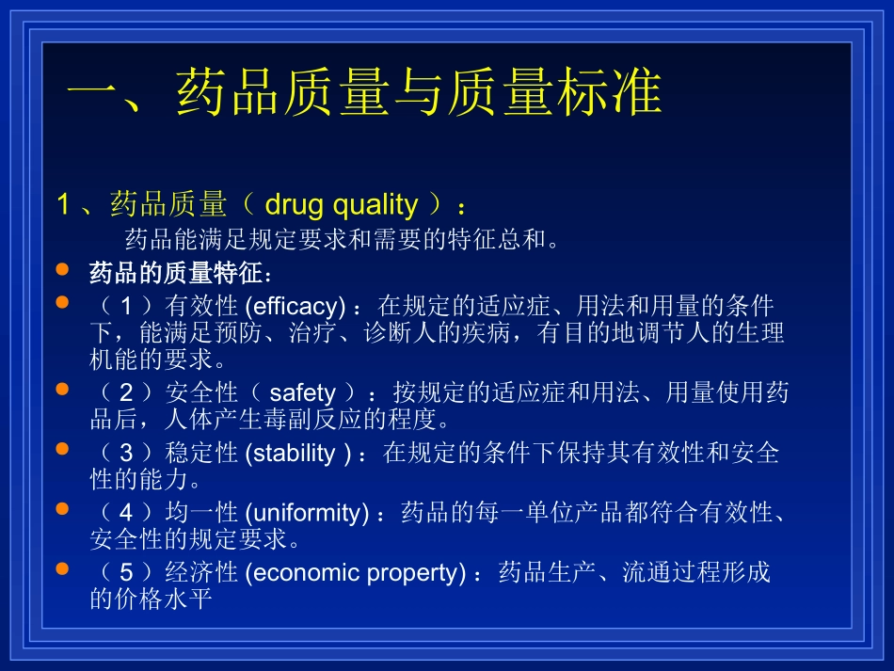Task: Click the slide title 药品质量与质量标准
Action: point(366,95)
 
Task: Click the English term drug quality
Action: point(341,204)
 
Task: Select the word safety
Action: point(302,392)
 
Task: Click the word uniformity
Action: point(306,513)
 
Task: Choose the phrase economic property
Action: point(355,573)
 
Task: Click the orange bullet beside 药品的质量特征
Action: point(62,270)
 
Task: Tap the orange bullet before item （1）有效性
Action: point(62,302)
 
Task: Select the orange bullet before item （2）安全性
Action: point(62,389)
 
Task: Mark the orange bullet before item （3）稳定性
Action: point(62,449)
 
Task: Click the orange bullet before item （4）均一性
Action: point(62,509)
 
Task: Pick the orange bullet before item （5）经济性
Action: point(62,569)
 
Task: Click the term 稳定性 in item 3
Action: point(200,453)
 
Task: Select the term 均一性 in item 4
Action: point(200,513)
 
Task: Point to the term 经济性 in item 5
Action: point(200,573)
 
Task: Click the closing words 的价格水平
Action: point(152,599)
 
